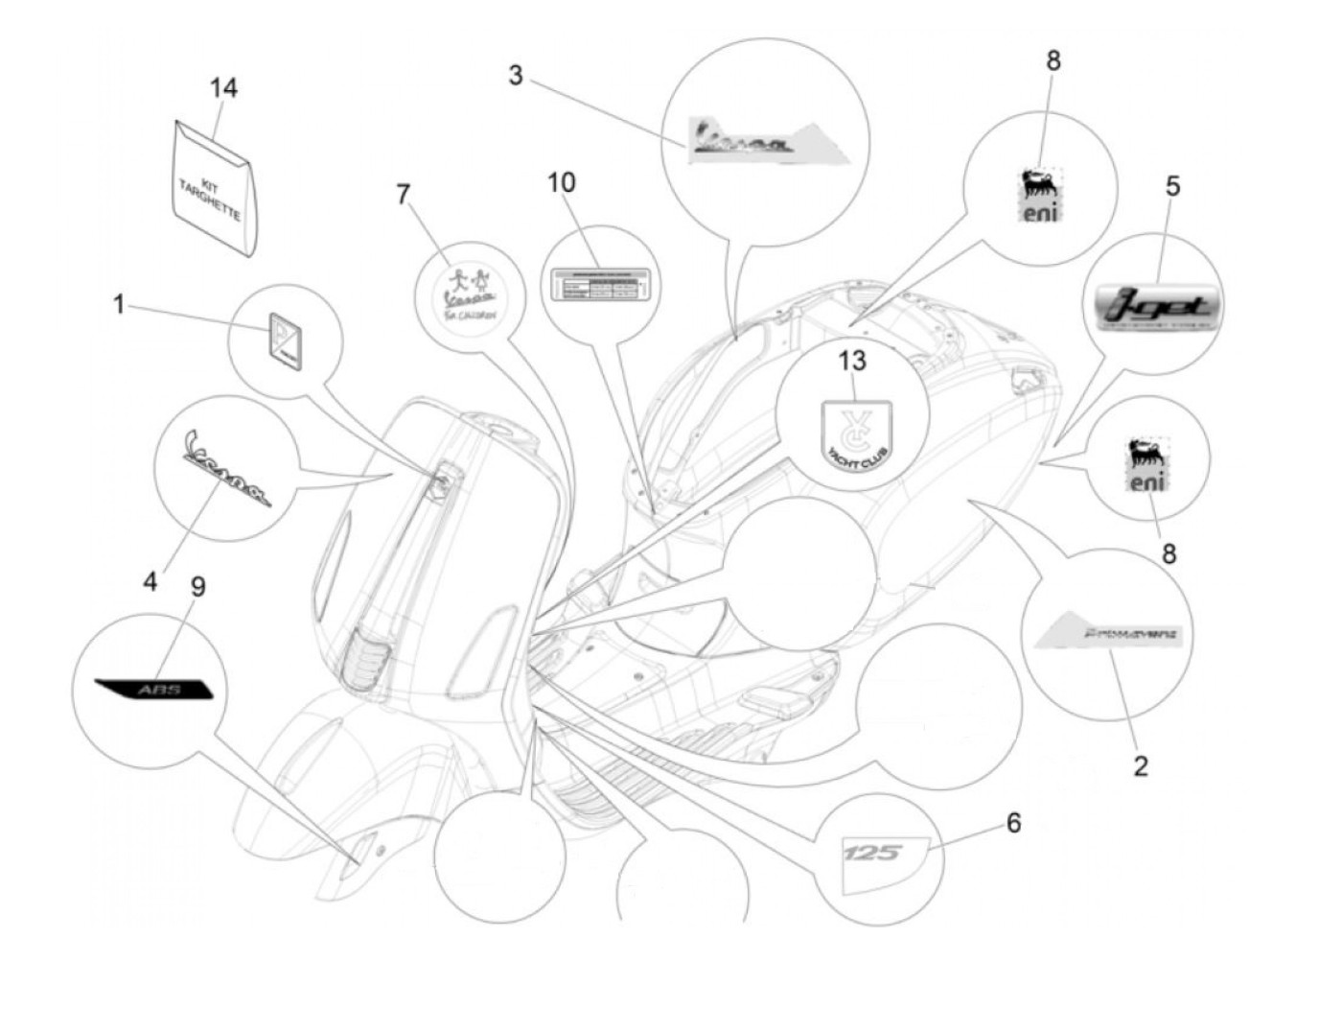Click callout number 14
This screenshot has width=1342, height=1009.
coord(223,88)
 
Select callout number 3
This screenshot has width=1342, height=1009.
coord(516,75)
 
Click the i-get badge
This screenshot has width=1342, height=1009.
coord(1158,307)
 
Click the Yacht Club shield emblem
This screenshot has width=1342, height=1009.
coord(856,430)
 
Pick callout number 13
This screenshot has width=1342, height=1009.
coord(852,361)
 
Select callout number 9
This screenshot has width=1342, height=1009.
coord(198,586)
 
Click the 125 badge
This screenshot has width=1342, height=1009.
coord(873,852)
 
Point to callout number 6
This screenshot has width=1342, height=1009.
coord(1013,823)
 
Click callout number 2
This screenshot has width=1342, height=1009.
coord(1140,765)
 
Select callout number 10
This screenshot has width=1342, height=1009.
coord(562,182)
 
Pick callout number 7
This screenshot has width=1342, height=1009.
coord(403,195)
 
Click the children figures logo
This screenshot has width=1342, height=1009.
coord(468,290)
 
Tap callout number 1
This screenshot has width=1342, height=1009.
coord(119,305)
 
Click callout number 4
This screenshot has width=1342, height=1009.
coord(150,580)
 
